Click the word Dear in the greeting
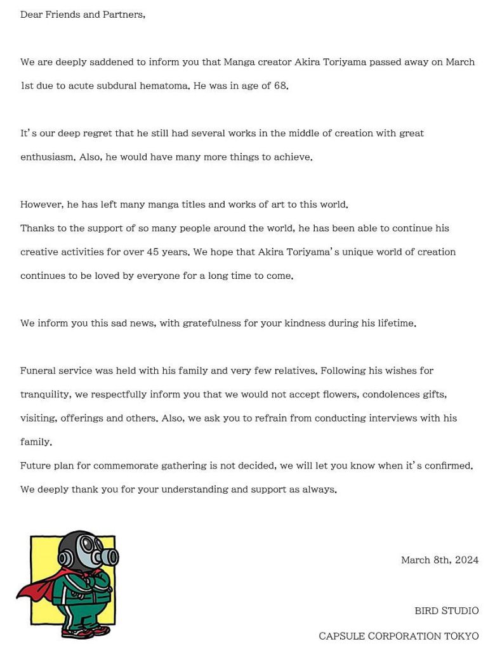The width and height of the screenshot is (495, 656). (x=31, y=15)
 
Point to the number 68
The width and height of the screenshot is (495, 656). (x=280, y=86)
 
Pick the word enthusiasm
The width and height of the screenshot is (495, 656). (x=48, y=157)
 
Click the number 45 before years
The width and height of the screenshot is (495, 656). (x=153, y=252)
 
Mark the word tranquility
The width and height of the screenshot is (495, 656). (x=45, y=394)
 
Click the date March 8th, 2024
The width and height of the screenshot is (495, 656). (x=440, y=560)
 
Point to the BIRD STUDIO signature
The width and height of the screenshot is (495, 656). (x=447, y=611)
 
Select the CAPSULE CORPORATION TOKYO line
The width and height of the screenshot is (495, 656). (x=399, y=636)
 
